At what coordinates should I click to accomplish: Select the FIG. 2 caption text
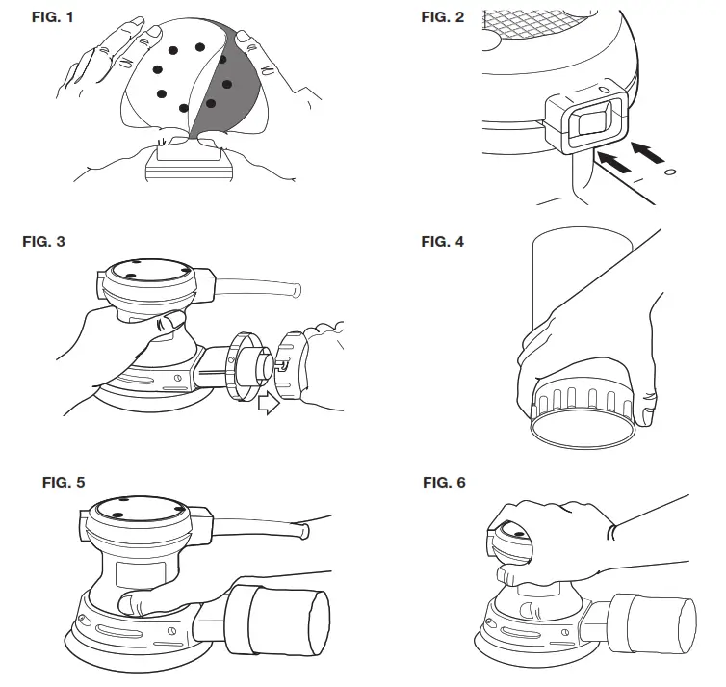click(x=443, y=19)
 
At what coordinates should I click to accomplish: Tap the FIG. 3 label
click(x=43, y=241)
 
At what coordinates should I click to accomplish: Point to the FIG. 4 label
click(x=443, y=241)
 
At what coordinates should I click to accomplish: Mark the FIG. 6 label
click(x=444, y=482)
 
